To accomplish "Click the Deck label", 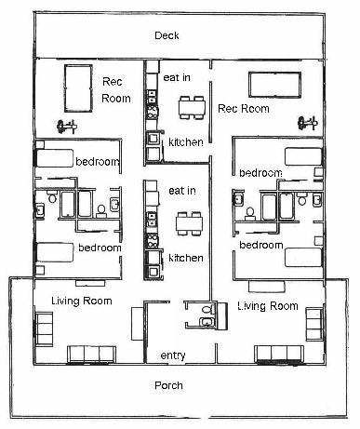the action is [x=167, y=35].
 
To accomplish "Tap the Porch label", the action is [x=168, y=385].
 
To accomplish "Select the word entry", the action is [x=173, y=355].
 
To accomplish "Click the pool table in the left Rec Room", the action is [x=78, y=88].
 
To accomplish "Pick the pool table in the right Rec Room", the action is [x=274, y=85].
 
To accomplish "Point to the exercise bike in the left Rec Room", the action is [x=66, y=127].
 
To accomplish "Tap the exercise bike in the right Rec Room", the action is [x=307, y=123].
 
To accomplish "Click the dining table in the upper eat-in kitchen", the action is [x=192, y=108].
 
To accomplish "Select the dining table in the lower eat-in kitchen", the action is [x=189, y=223].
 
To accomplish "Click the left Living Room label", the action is [x=82, y=301].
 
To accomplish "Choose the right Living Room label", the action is [x=268, y=306].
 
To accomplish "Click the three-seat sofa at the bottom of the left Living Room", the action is [x=92, y=355].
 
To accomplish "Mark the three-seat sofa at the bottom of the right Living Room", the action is [x=279, y=354].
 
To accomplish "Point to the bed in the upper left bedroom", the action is [x=55, y=158].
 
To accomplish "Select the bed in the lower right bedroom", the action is [x=303, y=257].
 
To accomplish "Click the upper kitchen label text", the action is [x=186, y=142].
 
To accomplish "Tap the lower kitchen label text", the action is [x=186, y=258].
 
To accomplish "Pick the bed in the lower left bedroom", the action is [x=55, y=252].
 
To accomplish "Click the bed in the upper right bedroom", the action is [x=303, y=156].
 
